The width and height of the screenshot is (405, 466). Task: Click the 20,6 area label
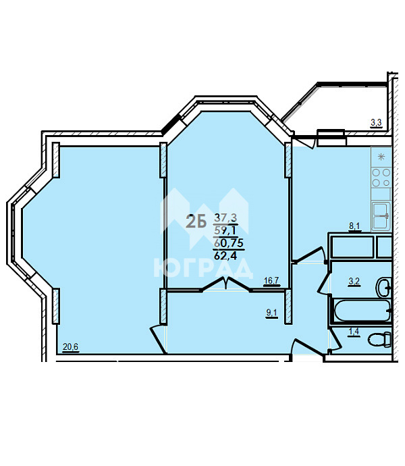tap(71, 346)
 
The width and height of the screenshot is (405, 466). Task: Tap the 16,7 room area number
tap(271, 280)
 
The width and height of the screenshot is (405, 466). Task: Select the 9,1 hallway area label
tap(272, 313)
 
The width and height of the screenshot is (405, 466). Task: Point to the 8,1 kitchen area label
tap(354, 226)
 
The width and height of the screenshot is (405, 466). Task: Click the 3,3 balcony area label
tap(376, 122)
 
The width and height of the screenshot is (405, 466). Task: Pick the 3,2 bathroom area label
tap(354, 281)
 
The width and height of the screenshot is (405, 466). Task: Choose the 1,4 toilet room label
tap(354, 332)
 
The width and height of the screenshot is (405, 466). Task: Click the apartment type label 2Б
tap(196, 222)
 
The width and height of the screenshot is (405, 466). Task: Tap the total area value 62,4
tap(225, 255)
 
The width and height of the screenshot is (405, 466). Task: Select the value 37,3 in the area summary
tap(225, 218)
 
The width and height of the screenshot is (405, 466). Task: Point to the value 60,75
tap(229, 243)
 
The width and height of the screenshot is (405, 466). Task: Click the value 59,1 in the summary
tap(225, 230)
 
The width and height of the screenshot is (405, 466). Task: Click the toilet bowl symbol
tap(380, 340)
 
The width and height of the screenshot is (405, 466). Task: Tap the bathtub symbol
tap(362, 311)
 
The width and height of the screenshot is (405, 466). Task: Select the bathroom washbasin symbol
tap(384, 288)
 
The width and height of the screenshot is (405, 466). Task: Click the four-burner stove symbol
tap(381, 178)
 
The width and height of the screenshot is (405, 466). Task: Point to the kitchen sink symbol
tap(381, 215)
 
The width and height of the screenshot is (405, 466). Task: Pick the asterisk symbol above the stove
tap(381, 157)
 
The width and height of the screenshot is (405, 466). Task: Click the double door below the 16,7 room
tap(226, 284)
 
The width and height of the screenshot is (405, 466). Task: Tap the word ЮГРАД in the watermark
tap(203, 268)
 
